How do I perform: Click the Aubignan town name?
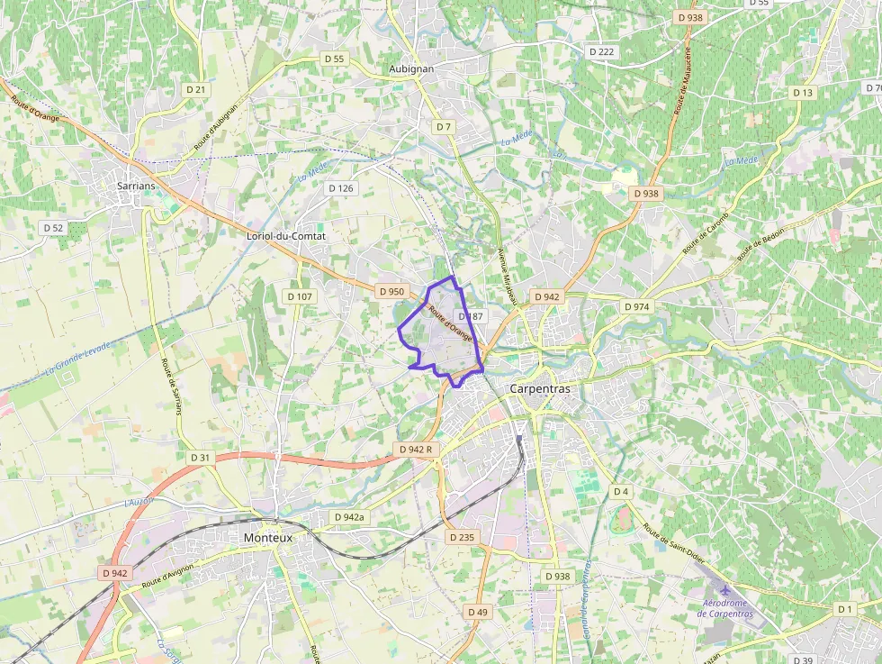(411, 68)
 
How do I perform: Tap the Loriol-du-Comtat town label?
(285, 236)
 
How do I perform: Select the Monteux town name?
(268, 537)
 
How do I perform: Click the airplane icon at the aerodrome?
(725, 589)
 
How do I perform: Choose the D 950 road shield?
(391, 291)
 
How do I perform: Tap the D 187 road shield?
(471, 316)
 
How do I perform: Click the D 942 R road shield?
(416, 449)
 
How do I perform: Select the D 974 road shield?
(636, 306)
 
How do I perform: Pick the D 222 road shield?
(601, 52)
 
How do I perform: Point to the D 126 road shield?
(341, 188)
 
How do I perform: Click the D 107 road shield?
(300, 296)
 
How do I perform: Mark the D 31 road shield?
(200, 458)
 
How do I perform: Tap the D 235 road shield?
(461, 537)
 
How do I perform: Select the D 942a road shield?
(349, 517)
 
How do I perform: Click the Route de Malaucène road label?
(682, 81)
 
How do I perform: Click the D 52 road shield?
(53, 228)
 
